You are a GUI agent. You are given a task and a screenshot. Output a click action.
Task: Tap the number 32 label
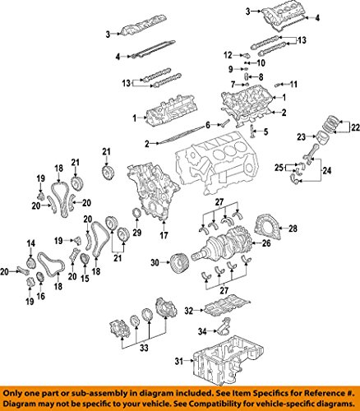click(x=188, y=311)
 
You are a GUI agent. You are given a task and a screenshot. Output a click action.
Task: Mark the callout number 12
click(x=225, y=54)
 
